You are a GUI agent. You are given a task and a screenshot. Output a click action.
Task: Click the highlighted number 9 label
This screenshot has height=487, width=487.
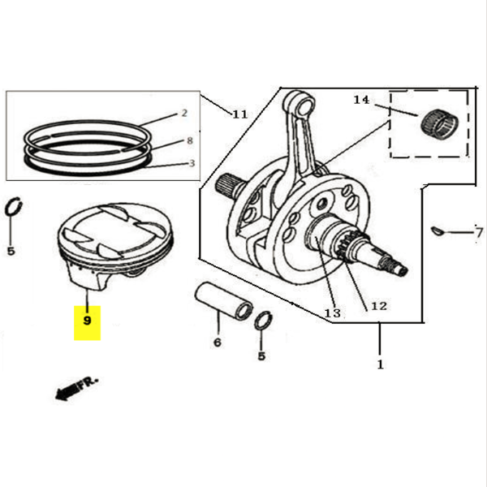[87, 319]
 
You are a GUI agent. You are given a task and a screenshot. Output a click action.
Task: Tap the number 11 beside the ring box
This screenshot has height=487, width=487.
[239, 114]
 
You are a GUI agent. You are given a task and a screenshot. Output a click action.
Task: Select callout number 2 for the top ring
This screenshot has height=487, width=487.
[184, 113]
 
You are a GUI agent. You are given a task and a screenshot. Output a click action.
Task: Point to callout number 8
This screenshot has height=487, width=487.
[189, 140]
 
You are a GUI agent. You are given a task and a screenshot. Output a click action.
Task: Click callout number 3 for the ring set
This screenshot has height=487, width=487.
[191, 162]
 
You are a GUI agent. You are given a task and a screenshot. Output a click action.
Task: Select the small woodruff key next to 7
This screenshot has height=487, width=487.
[438, 232]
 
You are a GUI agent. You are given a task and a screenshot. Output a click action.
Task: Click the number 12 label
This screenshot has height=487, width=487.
[379, 306]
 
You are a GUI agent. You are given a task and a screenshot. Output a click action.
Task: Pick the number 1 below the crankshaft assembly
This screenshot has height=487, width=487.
[380, 364]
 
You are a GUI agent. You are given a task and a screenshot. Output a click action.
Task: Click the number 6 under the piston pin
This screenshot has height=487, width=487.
[217, 343]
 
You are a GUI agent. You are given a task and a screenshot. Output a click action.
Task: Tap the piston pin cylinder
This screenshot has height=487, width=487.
[222, 300]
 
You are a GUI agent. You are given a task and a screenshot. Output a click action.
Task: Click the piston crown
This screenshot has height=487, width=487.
[118, 227]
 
